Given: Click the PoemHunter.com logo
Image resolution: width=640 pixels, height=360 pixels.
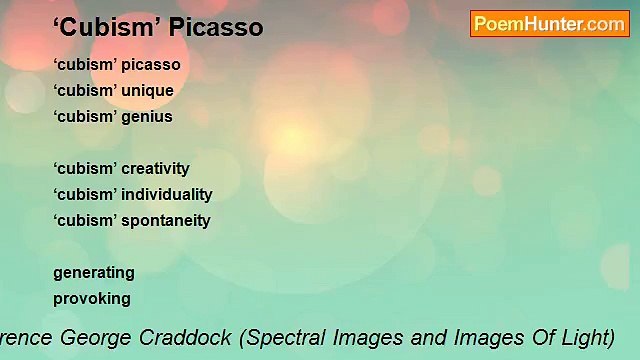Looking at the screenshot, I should [549, 24].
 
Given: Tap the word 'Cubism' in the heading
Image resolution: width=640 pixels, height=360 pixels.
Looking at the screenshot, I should [103, 28].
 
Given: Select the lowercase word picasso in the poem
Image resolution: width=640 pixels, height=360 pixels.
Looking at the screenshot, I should [151, 65].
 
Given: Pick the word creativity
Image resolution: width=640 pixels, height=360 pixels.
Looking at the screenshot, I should [155, 169].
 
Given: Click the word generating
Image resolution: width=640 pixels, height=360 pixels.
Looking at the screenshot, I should [94, 273].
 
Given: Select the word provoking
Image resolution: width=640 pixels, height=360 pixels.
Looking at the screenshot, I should [92, 299].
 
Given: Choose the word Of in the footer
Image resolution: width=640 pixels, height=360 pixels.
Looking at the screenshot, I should [527, 337].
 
